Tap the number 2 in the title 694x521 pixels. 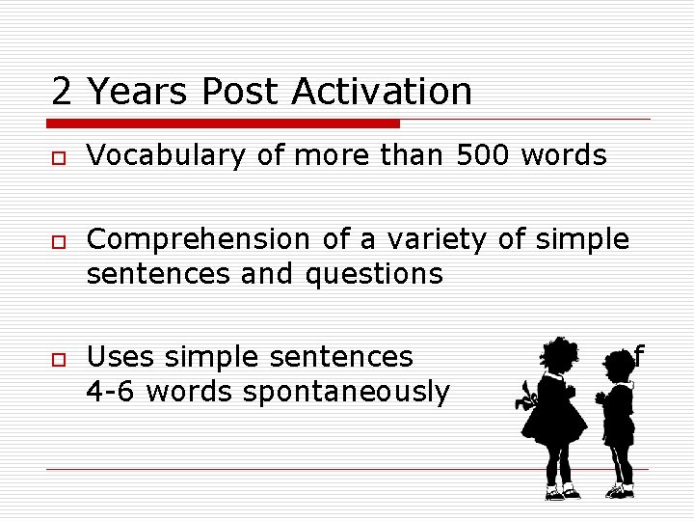[61, 92]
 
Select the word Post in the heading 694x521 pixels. [242, 92]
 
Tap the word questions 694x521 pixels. [374, 274]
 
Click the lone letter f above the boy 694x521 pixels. [637, 357]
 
